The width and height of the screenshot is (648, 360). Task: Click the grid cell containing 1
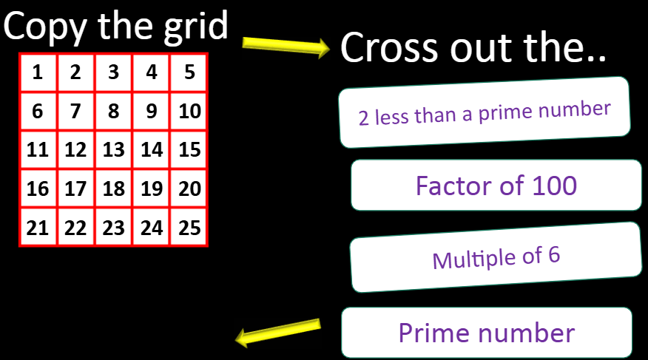point(38,72)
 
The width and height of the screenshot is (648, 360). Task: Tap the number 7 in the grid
point(75,111)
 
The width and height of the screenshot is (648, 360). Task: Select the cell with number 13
point(114,149)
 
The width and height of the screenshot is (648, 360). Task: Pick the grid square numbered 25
point(189,228)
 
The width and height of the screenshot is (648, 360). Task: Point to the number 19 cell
point(151,189)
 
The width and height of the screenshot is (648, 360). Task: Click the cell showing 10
point(189,111)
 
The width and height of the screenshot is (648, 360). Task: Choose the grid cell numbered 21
point(38,228)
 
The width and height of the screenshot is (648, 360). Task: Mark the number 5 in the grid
point(189,72)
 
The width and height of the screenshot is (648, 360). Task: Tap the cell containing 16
point(38,189)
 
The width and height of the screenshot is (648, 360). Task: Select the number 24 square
point(151,228)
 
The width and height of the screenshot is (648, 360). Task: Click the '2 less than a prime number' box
point(485,112)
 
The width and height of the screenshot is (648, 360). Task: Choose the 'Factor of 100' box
point(496,186)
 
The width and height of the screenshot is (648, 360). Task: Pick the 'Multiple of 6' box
point(496,257)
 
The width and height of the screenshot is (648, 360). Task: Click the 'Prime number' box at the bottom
point(487,333)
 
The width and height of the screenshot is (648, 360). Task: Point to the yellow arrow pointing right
point(286,47)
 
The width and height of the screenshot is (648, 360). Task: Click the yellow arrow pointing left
point(278,332)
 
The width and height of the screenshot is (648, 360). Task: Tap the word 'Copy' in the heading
point(44,27)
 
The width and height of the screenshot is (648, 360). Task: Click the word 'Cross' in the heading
point(389,47)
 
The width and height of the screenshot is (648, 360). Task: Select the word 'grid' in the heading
point(196,27)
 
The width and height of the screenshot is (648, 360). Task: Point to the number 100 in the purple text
point(554,186)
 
